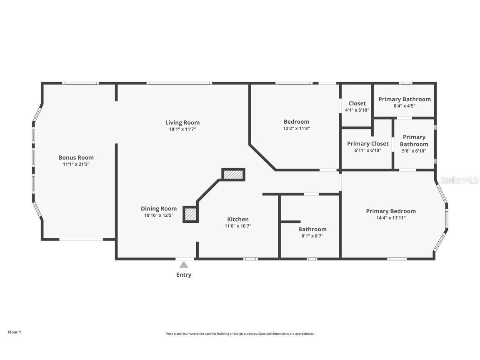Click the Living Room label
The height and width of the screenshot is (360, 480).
pyautogui.click(x=182, y=122)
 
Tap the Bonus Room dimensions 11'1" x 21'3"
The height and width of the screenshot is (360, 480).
pyautogui.click(x=76, y=165)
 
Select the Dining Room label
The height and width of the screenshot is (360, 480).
pyautogui.click(x=158, y=209)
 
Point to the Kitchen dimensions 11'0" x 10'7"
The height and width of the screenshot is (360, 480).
pyautogui.click(x=237, y=226)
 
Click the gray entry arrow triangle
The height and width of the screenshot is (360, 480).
pyautogui.click(x=184, y=265)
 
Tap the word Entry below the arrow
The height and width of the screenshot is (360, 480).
pyautogui.click(x=184, y=275)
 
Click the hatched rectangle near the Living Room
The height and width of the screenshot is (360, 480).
pyautogui.click(x=233, y=175)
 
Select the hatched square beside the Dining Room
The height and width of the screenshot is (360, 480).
pyautogui.click(x=190, y=214)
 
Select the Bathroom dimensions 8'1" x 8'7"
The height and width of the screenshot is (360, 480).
pyautogui.click(x=312, y=236)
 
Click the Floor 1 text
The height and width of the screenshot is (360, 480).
pyautogui.click(x=14, y=332)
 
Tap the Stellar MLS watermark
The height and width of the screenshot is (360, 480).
pyautogui.click(x=459, y=180)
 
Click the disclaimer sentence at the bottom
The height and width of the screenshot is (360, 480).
pyautogui.click(x=240, y=334)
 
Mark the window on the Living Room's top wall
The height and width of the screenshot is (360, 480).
pyautogui.click(x=179, y=83)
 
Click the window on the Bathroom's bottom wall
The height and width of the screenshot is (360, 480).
pyautogui.click(x=312, y=259)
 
